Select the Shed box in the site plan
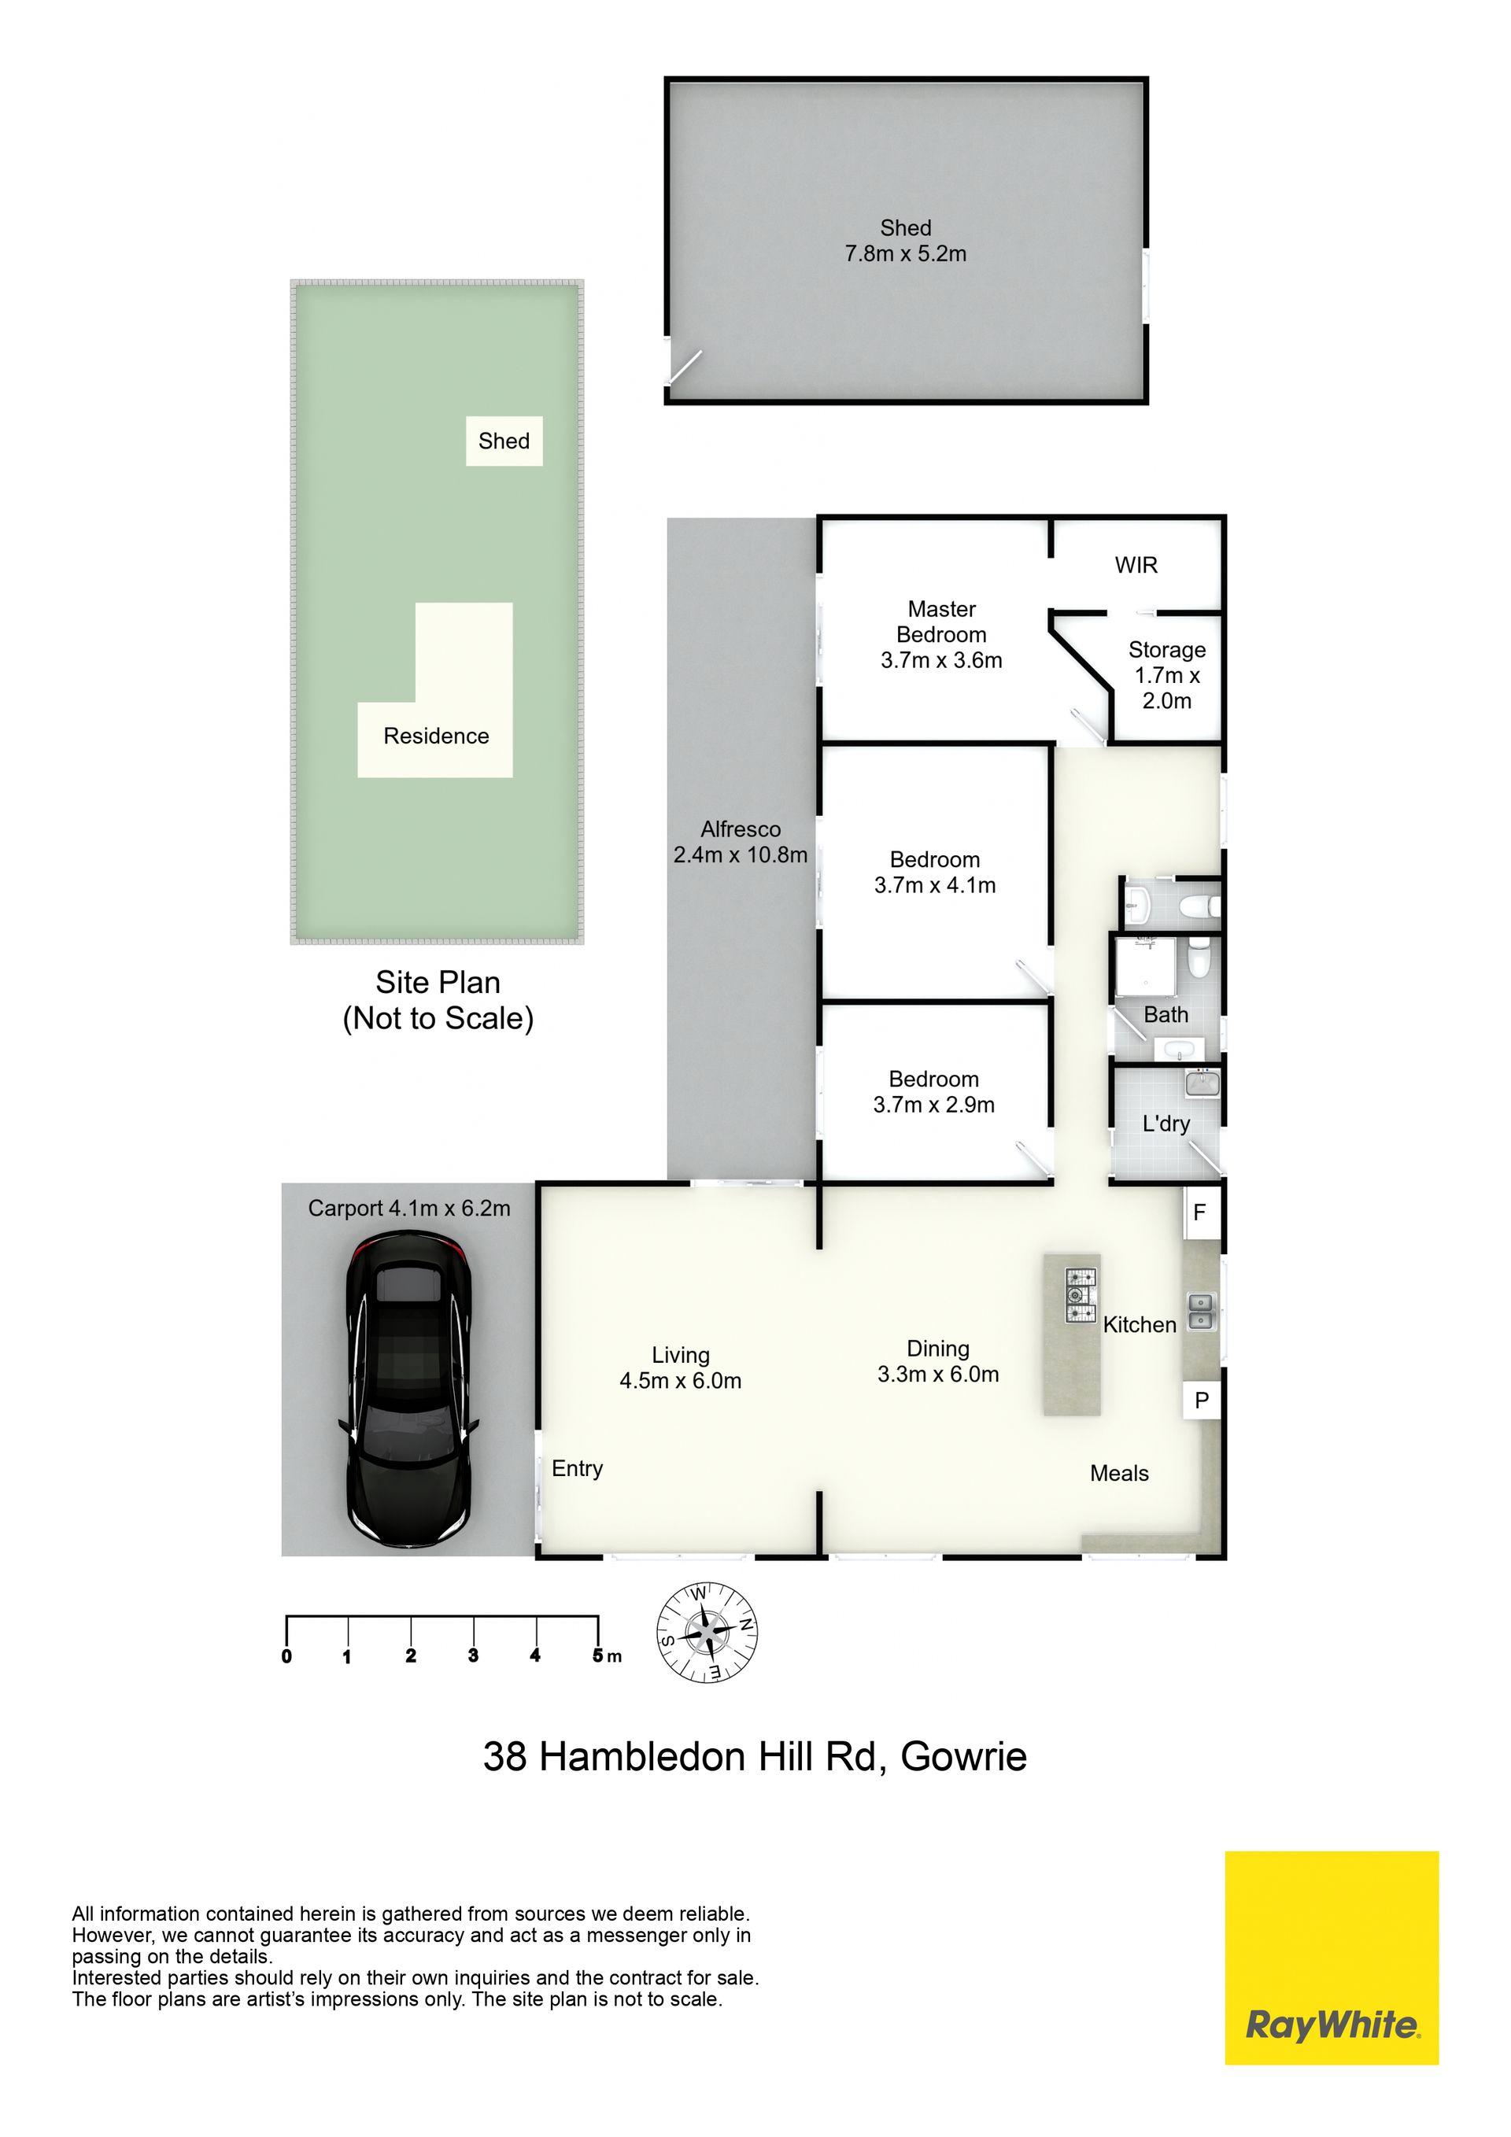(504, 441)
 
